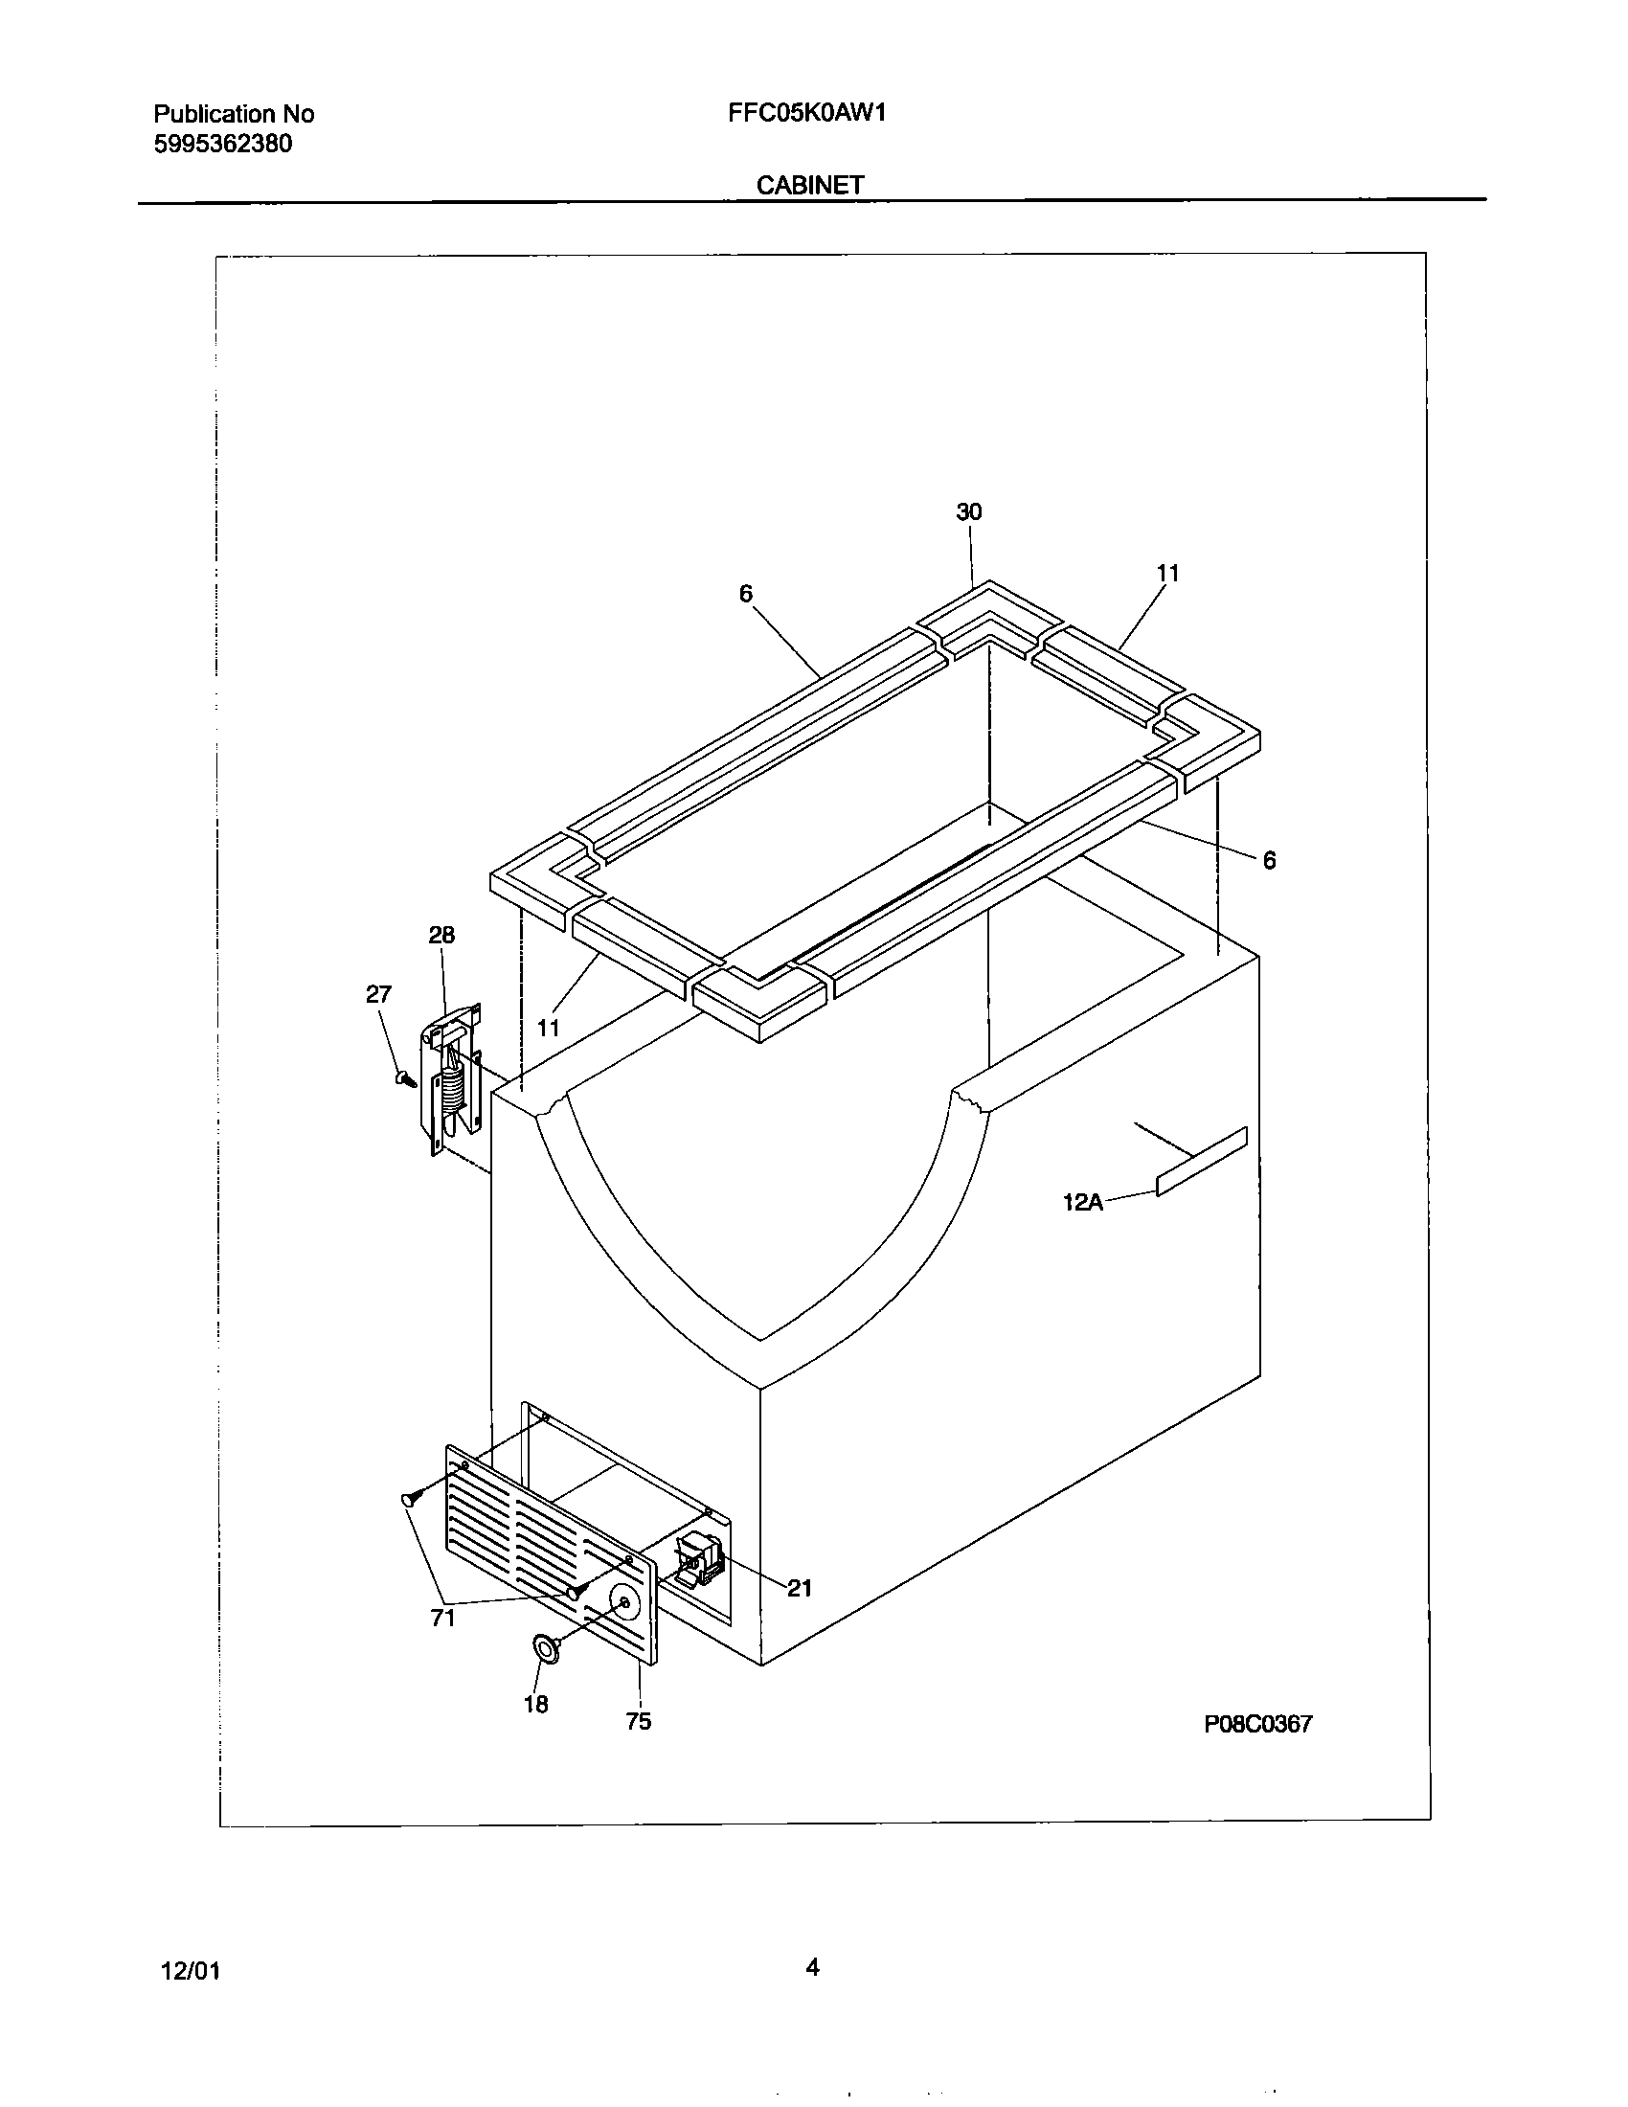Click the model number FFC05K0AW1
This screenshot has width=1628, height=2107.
(x=806, y=113)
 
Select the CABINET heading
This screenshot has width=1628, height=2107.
(x=809, y=185)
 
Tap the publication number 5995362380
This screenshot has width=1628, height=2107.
(x=222, y=144)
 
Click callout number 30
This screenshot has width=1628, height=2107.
(x=968, y=512)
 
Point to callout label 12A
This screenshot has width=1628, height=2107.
(x=1082, y=1202)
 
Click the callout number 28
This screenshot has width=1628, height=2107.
(x=441, y=935)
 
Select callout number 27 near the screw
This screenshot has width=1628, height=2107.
(x=378, y=995)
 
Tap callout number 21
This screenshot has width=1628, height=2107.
(x=799, y=1589)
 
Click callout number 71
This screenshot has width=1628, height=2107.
(x=442, y=1619)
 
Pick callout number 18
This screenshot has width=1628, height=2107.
(x=535, y=1705)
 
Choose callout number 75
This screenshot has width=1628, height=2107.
(x=639, y=1721)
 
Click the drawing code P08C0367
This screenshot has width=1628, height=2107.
(x=1257, y=1724)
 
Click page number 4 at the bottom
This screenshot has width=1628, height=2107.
(x=812, y=1966)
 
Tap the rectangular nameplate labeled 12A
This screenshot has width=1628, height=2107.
(x=1201, y=1162)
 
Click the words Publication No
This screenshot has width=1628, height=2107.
(x=234, y=114)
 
